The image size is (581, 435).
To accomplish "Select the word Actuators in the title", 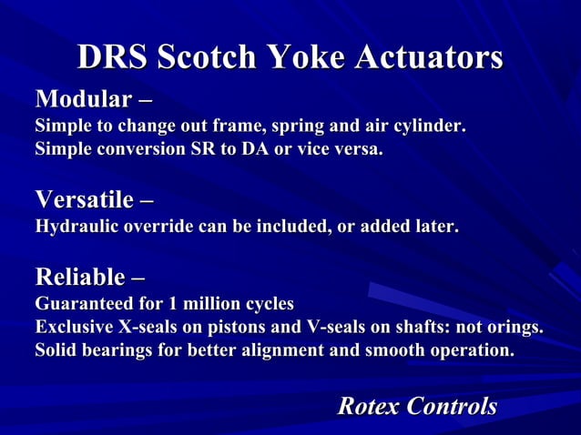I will click(426, 57).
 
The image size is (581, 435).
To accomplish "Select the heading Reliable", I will click(80, 276).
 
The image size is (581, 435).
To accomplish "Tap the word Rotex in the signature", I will click(369, 406).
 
